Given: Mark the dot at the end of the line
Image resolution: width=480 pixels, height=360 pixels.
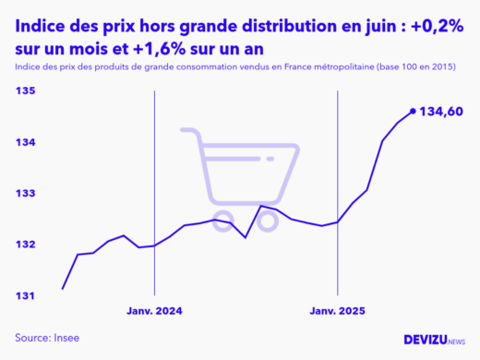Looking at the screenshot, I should pyautogui.click(x=413, y=111).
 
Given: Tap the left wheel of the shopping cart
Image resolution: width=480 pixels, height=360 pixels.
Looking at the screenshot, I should pyautogui.click(x=222, y=220).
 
